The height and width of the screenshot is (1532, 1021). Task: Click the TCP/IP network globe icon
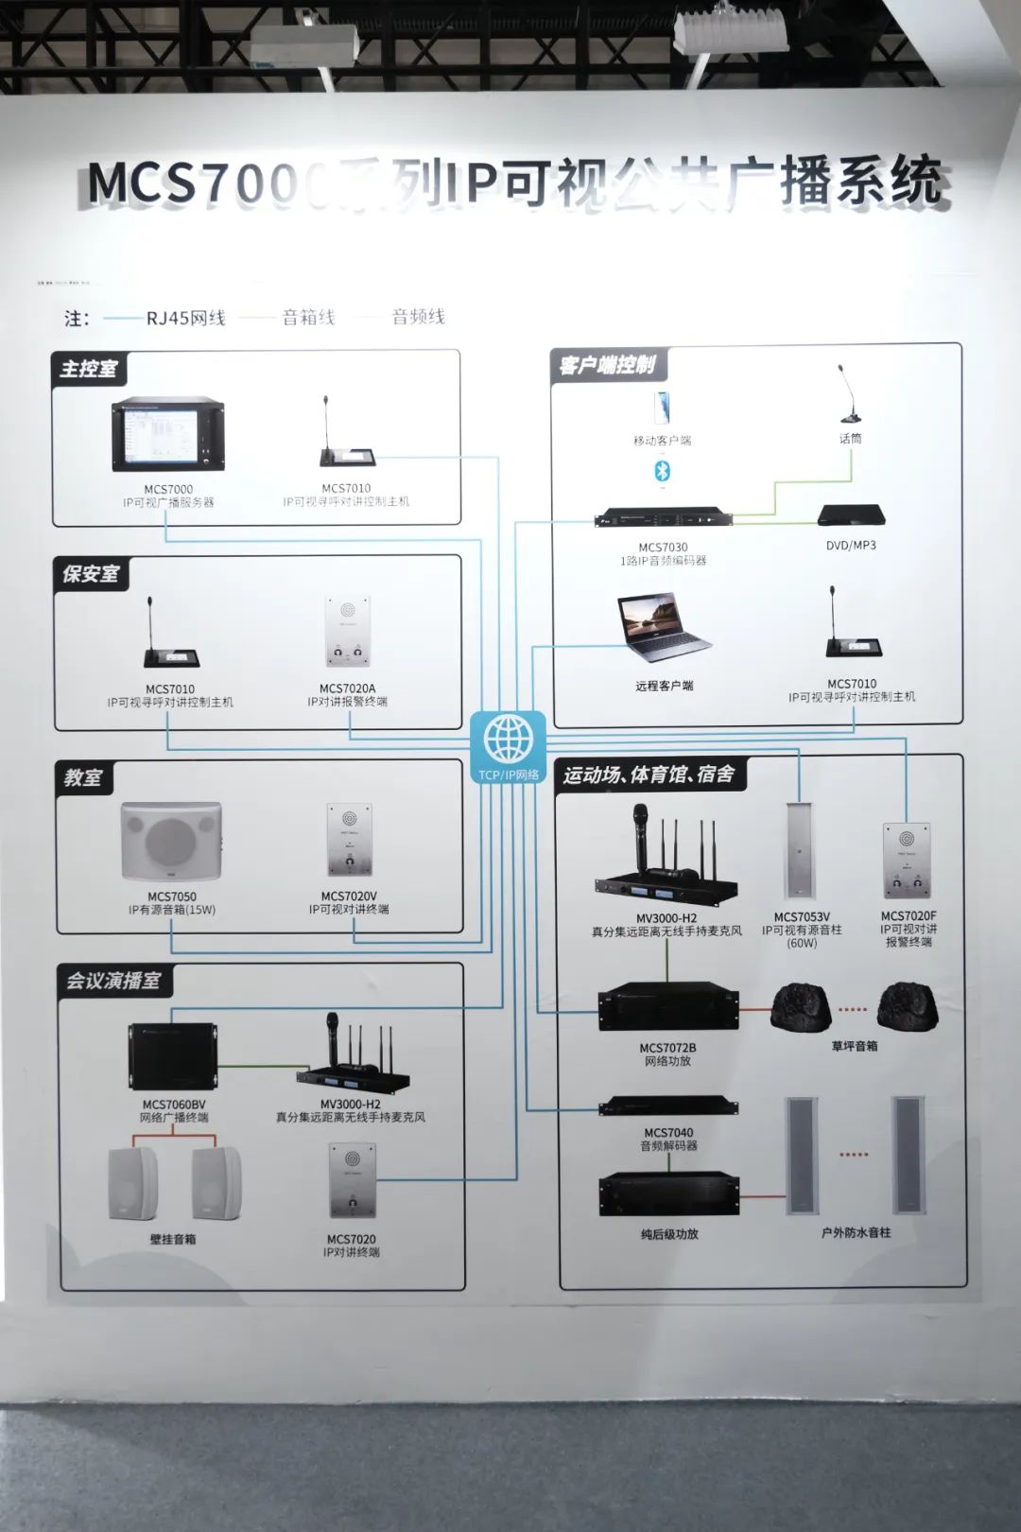pos(508,740)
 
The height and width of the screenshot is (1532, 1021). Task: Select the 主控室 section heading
pos(88,368)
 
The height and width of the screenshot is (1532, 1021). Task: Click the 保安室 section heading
pos(91,573)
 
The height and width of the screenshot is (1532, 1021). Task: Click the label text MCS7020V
pos(349,896)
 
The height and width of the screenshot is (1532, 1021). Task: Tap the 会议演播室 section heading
pos(112,981)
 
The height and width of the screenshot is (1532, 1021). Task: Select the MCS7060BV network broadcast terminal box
pos(173,1056)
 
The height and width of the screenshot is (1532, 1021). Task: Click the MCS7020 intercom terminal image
pos(352,1181)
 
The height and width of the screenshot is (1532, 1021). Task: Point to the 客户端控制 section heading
pos(606,364)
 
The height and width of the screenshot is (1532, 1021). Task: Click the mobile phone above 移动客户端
pos(663,408)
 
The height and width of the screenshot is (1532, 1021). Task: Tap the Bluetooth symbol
pos(663,470)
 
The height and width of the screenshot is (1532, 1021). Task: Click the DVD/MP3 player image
pos(851,515)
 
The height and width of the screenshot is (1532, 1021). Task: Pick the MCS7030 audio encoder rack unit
pos(663,519)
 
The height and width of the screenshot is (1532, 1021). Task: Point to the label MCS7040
pos(668,1132)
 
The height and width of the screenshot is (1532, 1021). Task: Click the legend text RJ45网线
pos(185,318)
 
